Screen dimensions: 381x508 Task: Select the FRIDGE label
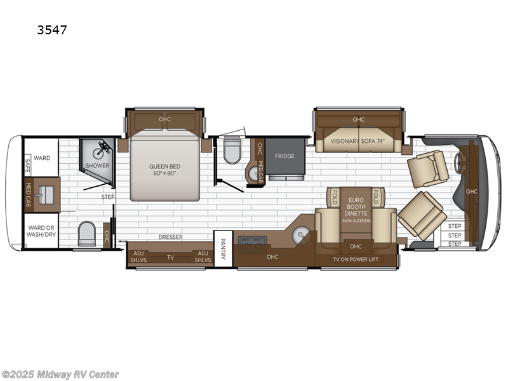[x=284, y=156]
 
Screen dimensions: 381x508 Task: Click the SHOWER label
[x=98, y=166]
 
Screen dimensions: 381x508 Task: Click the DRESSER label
[x=171, y=237]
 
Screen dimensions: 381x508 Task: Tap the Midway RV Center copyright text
[x=60, y=375]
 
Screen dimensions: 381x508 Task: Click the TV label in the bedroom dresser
[x=170, y=257]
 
